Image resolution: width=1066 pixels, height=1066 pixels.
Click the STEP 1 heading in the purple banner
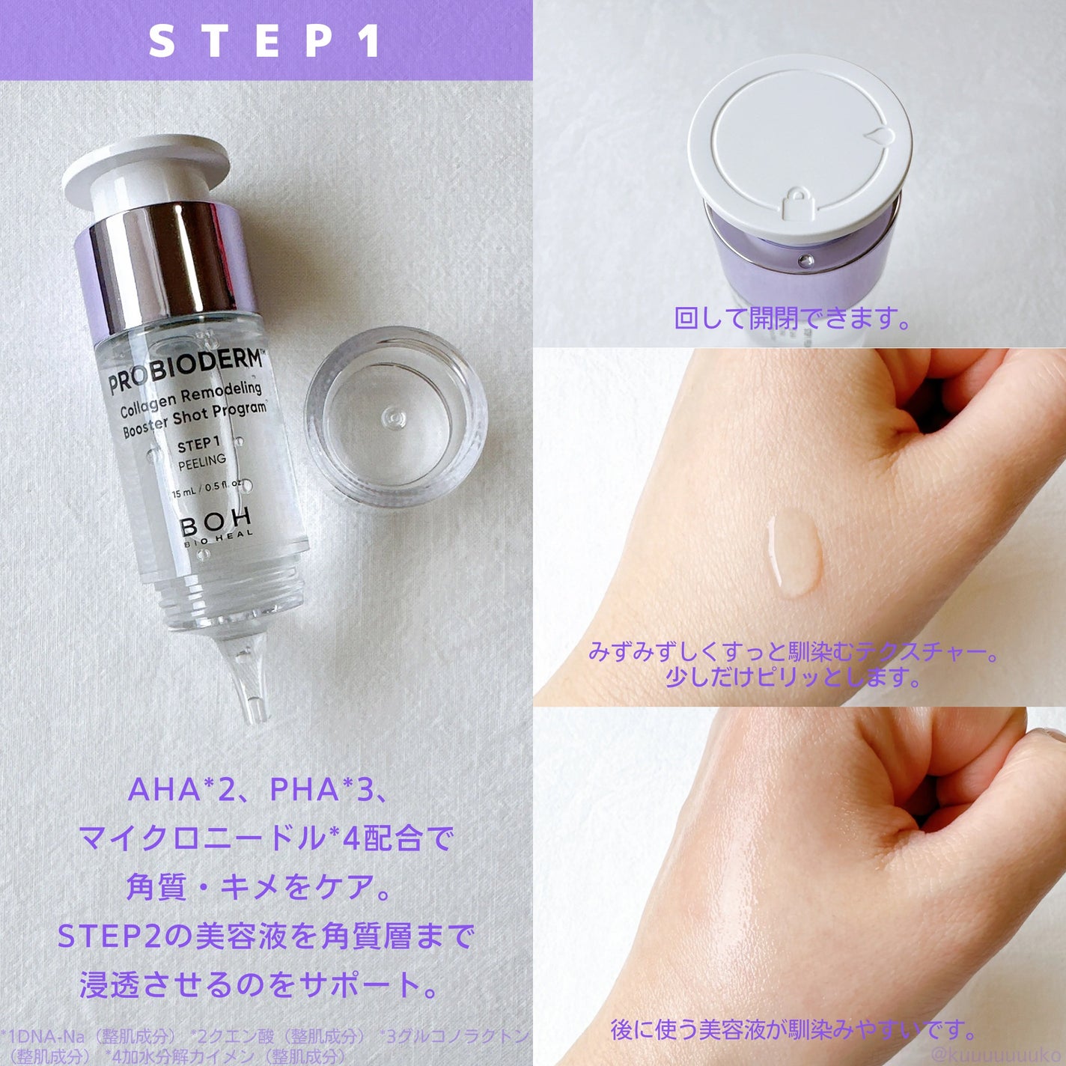pos(266,41)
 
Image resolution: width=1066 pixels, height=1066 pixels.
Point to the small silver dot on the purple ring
pos(805,261)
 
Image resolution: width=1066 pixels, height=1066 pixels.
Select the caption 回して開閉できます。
pos(794,319)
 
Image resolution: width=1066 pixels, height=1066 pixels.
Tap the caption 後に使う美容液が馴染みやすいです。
pos(794,1030)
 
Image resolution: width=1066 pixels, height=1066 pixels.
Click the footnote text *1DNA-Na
pos(45,1037)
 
